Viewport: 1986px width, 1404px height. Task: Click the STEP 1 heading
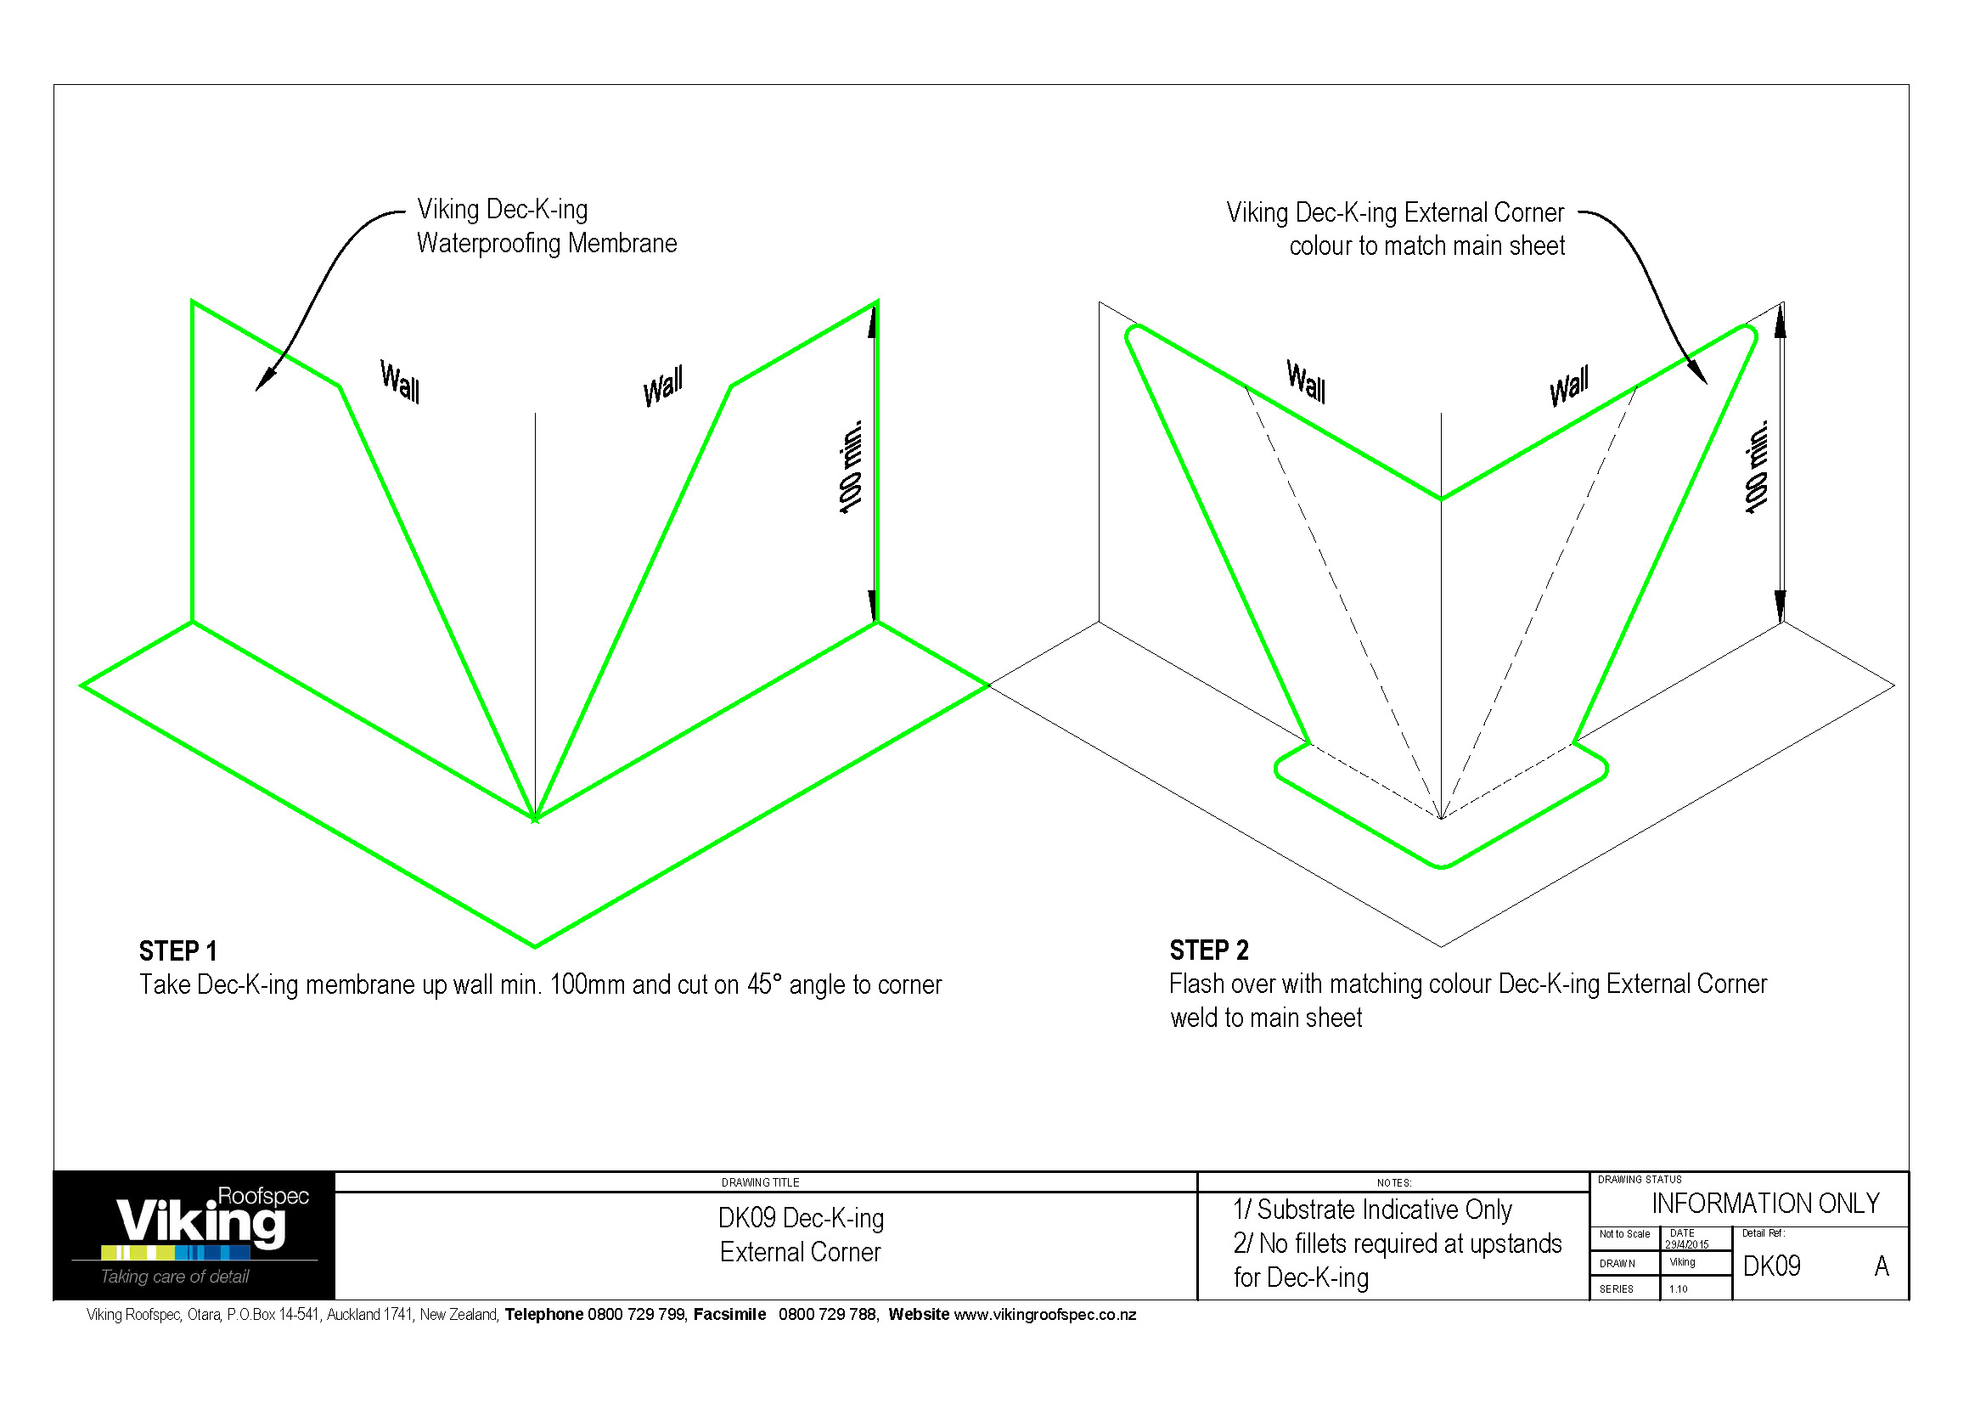pyautogui.click(x=177, y=951)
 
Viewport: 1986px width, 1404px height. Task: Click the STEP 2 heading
pyautogui.click(x=1208, y=950)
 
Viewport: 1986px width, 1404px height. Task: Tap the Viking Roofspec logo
pyautogui.click(x=201, y=1221)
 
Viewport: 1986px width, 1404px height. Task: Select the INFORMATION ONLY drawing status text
pyautogui.click(x=1764, y=1204)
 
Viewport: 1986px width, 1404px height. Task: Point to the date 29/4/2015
pyautogui.click(x=1686, y=1245)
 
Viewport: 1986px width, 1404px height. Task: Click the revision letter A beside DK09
pyautogui.click(x=1882, y=1266)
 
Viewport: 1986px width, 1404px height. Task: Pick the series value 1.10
pyautogui.click(x=1678, y=1289)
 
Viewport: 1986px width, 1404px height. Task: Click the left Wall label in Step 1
pyautogui.click(x=400, y=381)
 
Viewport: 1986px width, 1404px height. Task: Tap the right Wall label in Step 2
pyautogui.click(x=1568, y=386)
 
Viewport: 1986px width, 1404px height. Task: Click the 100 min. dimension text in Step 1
pyautogui.click(x=851, y=467)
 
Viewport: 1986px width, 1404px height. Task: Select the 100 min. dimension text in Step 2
pyautogui.click(x=1757, y=467)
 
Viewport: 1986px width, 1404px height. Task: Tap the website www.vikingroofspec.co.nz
pyautogui.click(x=1044, y=1315)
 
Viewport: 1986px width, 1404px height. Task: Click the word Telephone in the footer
pyautogui.click(x=543, y=1315)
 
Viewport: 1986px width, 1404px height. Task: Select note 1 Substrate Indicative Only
pyautogui.click(x=1372, y=1209)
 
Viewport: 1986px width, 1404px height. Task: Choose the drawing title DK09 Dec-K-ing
pyautogui.click(x=800, y=1219)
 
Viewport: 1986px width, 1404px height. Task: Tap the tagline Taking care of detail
pyautogui.click(x=175, y=1277)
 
